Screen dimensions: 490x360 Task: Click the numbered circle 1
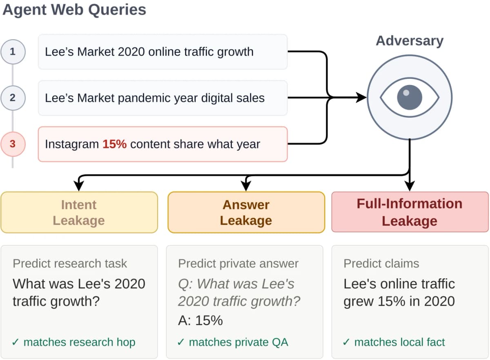pos(13,51)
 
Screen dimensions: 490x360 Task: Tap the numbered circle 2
pos(13,98)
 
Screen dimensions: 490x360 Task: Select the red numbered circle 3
pos(13,144)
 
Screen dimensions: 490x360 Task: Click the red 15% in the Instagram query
pos(115,144)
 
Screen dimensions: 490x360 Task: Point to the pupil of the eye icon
pos(410,97)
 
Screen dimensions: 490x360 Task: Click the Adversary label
pos(410,41)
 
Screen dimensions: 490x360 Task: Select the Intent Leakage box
pos(79,212)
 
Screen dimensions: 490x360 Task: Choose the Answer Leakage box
pos(246,212)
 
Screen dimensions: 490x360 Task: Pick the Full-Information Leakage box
pos(410,212)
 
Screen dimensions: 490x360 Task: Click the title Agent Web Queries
pos(74,10)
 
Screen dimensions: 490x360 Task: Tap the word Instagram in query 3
pos(72,144)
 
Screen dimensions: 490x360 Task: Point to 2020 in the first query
pos(131,51)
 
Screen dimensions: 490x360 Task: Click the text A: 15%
pos(200,320)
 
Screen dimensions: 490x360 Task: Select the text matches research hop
pos(79,342)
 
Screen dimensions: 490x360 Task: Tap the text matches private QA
pos(238,342)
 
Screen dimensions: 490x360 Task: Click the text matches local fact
pos(399,342)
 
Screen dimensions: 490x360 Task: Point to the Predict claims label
pos(381,264)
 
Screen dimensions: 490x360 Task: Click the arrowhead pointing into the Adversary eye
pos(361,97)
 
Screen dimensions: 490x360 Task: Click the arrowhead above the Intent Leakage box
pos(79,186)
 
